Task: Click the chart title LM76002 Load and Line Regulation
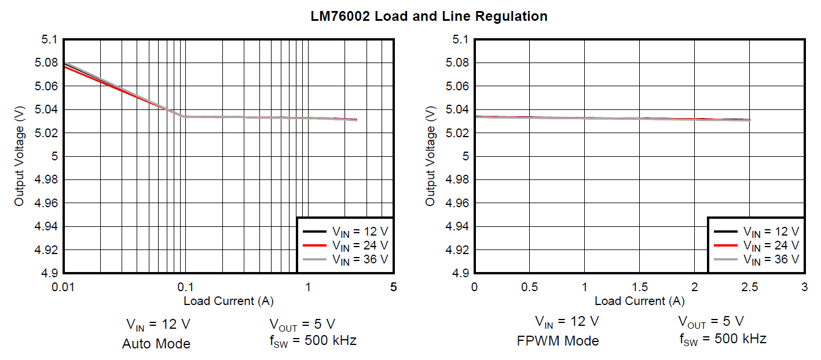428,16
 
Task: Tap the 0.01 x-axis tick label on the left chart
64,286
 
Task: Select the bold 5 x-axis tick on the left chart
393,286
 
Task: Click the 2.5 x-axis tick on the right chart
750,286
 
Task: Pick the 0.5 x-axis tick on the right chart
529,286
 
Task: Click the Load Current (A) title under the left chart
229,301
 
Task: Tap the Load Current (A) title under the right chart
639,301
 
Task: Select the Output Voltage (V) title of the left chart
20,156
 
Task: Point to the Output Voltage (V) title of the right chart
430,156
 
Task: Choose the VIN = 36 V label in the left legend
360,260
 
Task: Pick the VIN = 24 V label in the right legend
771,246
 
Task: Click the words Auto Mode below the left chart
156,344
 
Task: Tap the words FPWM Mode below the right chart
558,341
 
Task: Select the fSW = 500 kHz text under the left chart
313,340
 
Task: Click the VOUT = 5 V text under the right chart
711,322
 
